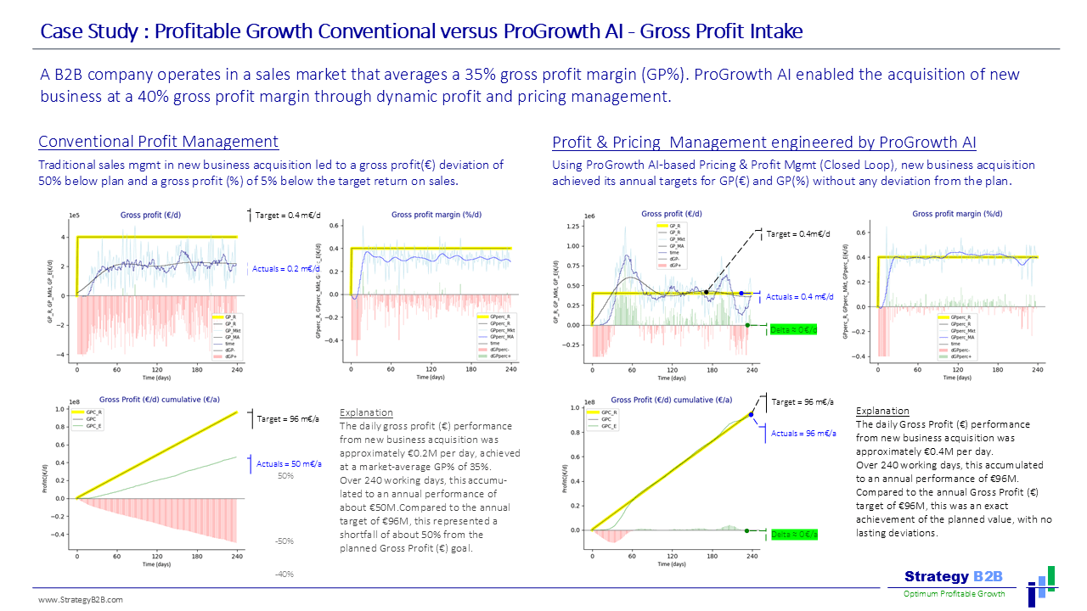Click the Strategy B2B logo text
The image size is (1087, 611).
click(953, 577)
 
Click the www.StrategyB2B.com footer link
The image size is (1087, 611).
click(81, 600)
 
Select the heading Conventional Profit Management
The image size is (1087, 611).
click(159, 142)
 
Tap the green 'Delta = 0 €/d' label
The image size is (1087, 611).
click(792, 329)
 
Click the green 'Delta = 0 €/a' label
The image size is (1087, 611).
click(794, 534)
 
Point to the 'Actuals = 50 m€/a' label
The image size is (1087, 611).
click(290, 464)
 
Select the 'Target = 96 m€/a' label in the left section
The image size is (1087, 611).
click(288, 418)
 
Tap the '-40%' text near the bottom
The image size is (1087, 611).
click(284, 575)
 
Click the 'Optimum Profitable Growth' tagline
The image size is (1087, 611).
click(954, 594)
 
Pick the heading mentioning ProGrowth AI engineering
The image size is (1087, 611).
click(764, 142)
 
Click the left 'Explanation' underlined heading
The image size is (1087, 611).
click(366, 412)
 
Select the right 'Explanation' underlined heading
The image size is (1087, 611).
click(882, 411)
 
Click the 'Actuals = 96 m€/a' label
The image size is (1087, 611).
click(803, 434)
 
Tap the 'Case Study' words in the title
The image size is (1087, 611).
click(88, 32)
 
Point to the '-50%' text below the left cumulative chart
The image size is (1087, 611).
click(284, 541)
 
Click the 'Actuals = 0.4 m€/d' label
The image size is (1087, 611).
click(800, 297)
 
